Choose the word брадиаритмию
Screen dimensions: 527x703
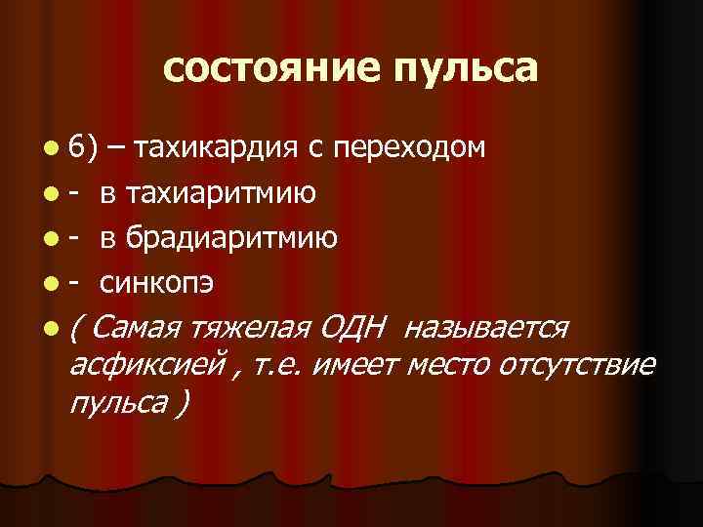(231, 237)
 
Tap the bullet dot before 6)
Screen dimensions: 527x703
(50, 149)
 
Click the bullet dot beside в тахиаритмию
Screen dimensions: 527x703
(50, 194)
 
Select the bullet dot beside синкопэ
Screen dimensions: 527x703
(50, 283)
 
